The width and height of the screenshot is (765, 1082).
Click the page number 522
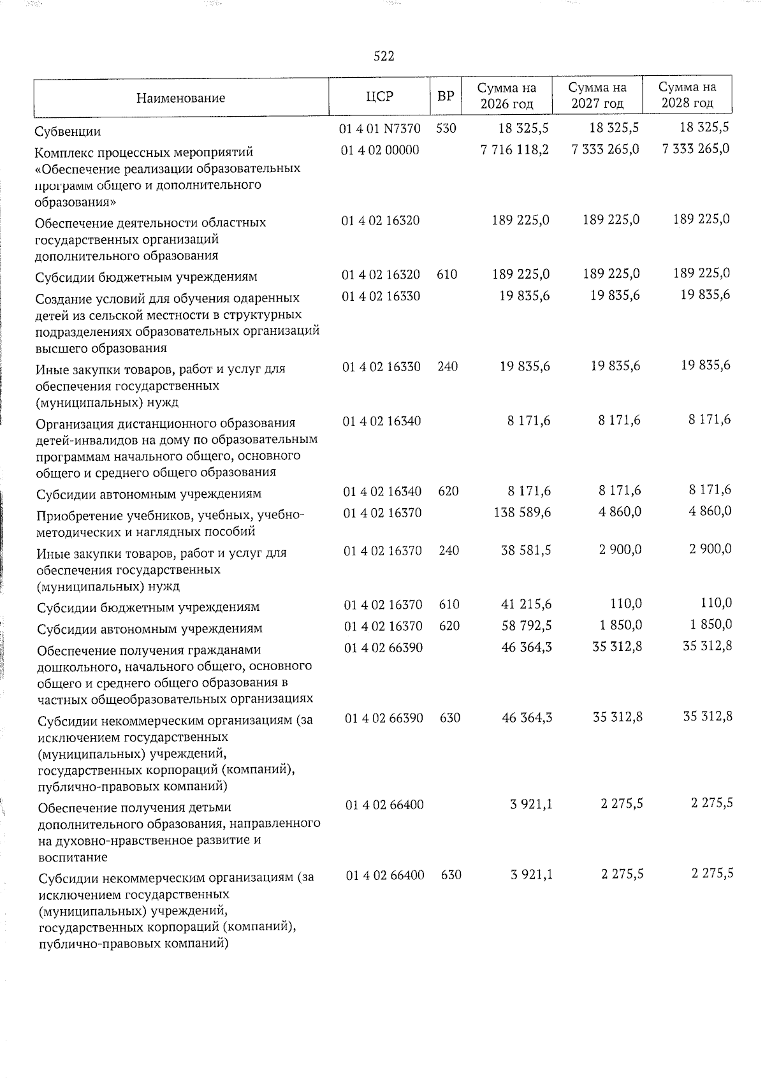(x=384, y=56)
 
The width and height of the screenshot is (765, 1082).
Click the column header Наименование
(x=180, y=98)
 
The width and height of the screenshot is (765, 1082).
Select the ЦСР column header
(x=380, y=96)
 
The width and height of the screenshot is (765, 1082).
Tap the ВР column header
(x=446, y=96)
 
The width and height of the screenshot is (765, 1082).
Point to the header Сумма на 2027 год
(x=597, y=95)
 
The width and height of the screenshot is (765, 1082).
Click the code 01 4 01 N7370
(x=380, y=128)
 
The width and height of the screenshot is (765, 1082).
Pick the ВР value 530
(x=446, y=128)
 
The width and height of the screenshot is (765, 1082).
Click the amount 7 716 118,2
(x=516, y=149)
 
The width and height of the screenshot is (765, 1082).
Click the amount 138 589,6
(x=522, y=512)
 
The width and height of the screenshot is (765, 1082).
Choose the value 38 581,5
(x=526, y=550)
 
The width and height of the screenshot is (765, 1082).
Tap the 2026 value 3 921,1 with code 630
(x=531, y=875)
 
